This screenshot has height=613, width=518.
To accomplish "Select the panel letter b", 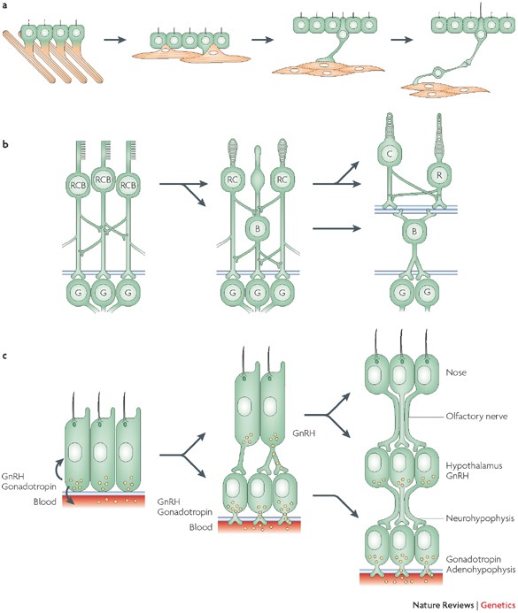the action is (4, 144).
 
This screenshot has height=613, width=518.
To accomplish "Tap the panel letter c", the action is (4, 356).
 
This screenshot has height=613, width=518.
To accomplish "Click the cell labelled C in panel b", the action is (390, 154).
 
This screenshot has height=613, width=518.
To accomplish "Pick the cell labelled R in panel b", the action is (439, 175).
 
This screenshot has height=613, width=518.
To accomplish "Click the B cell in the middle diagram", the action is (258, 229).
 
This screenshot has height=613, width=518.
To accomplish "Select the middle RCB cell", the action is (104, 180).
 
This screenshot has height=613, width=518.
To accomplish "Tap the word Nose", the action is (456, 372).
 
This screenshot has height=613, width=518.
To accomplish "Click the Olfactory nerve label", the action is (476, 416).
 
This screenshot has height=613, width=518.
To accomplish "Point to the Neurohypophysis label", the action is (480, 518).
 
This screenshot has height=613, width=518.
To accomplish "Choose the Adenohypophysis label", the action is (481, 570).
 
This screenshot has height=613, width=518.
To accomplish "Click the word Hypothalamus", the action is (475, 465).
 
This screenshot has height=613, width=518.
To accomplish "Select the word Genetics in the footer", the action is (498, 605).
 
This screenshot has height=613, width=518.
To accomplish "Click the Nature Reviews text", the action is (444, 605).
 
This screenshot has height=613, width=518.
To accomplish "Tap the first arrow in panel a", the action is (115, 40).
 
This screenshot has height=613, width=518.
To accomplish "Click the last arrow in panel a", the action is (402, 40).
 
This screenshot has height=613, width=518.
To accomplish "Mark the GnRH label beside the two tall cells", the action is (304, 433).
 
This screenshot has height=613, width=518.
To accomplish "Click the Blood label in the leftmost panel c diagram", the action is (45, 502).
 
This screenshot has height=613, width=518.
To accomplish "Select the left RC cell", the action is (232, 180).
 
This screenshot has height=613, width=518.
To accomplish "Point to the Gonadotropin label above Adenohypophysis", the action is (474, 559).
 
